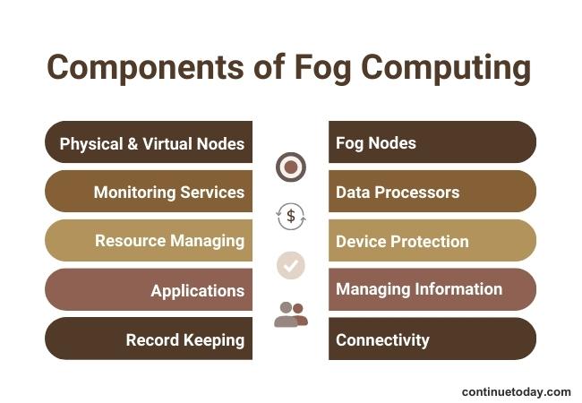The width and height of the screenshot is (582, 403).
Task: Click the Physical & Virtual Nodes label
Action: click(x=151, y=143)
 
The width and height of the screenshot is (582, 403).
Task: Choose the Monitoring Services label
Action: click(x=168, y=192)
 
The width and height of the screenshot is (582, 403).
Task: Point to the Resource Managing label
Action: click(x=169, y=240)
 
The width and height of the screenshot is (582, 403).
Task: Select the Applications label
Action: click(x=197, y=290)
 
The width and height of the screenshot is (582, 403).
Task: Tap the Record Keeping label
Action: click(x=184, y=339)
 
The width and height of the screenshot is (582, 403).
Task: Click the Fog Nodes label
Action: click(x=375, y=142)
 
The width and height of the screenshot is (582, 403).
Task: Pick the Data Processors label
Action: click(x=397, y=192)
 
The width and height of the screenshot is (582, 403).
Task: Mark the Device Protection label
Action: click(x=402, y=241)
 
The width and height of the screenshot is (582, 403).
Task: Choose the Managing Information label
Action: click(x=418, y=289)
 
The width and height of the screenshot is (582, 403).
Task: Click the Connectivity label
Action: click(x=382, y=339)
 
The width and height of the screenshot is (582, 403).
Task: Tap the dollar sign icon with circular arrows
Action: click(x=291, y=216)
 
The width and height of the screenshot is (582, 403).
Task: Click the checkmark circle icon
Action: click(x=291, y=265)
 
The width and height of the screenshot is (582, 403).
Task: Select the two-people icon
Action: click(x=291, y=314)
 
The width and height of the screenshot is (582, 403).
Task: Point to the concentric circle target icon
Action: click(x=291, y=167)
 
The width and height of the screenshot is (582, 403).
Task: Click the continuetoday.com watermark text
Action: click(x=516, y=391)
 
